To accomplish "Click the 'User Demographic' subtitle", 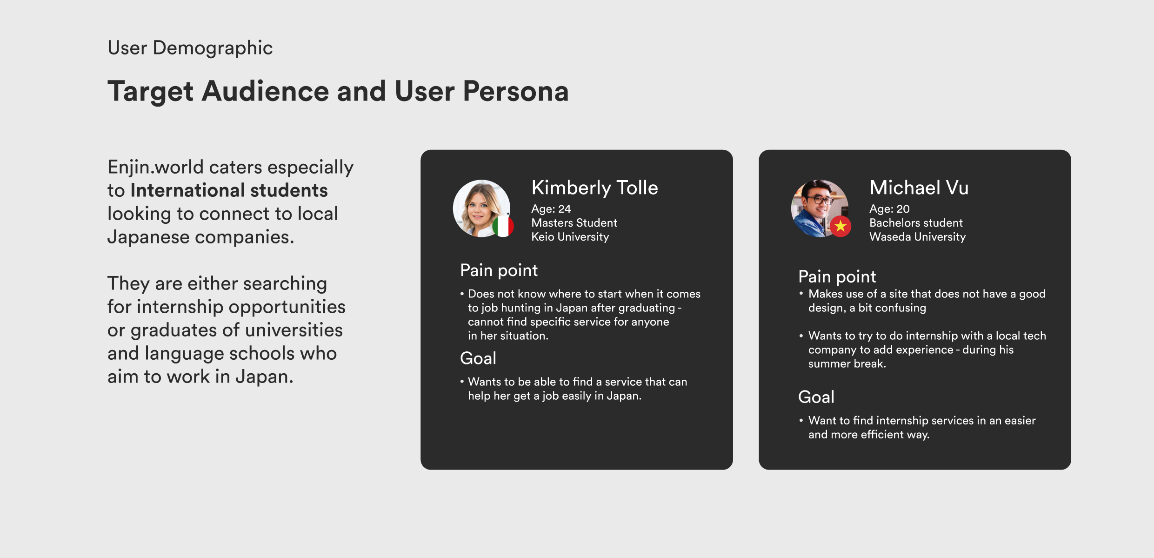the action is click(190, 48).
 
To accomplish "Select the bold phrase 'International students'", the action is click(229, 190).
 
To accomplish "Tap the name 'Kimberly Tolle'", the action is click(594, 188).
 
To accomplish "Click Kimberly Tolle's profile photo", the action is click(481, 208).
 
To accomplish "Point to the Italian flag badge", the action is click(503, 226).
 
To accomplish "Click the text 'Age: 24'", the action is click(551, 209).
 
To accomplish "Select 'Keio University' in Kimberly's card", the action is click(570, 237).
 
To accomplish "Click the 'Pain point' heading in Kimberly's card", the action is click(499, 270).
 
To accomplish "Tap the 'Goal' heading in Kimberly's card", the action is click(478, 358).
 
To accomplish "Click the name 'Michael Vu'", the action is click(919, 188).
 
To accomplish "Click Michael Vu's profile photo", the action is click(820, 208).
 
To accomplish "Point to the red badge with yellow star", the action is click(840, 226).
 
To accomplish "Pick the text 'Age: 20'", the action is click(889, 209).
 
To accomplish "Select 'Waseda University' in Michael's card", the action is click(918, 237).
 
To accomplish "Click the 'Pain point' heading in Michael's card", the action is click(837, 277).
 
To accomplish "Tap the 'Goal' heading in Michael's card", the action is click(816, 397).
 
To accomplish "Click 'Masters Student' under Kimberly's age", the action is click(574, 223).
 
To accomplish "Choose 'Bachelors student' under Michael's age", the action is click(916, 223).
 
